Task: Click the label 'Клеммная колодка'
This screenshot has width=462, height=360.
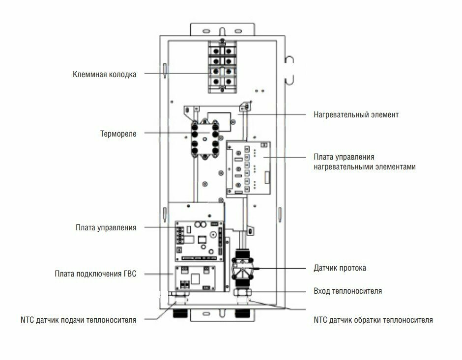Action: pos(104,75)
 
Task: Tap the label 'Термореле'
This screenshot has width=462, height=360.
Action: pos(118,133)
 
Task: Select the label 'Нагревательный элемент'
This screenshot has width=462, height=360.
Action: pos(356,115)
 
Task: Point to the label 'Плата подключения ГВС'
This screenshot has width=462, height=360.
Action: pos(95,274)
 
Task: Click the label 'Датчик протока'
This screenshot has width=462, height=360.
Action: pos(340,268)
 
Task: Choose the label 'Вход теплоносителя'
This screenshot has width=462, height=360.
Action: pos(347,291)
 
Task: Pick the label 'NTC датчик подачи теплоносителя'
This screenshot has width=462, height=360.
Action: pos(79,320)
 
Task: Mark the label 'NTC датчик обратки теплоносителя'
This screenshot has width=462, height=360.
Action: pos(373,320)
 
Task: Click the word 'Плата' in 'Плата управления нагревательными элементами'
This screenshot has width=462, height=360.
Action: pos(324,157)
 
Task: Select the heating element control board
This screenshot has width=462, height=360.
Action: pos(248,168)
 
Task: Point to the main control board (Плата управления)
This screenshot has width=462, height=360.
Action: pos(196,241)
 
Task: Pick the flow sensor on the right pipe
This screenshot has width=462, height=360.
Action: pos(242,268)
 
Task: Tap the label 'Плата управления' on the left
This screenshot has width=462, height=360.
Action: pos(106,227)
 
